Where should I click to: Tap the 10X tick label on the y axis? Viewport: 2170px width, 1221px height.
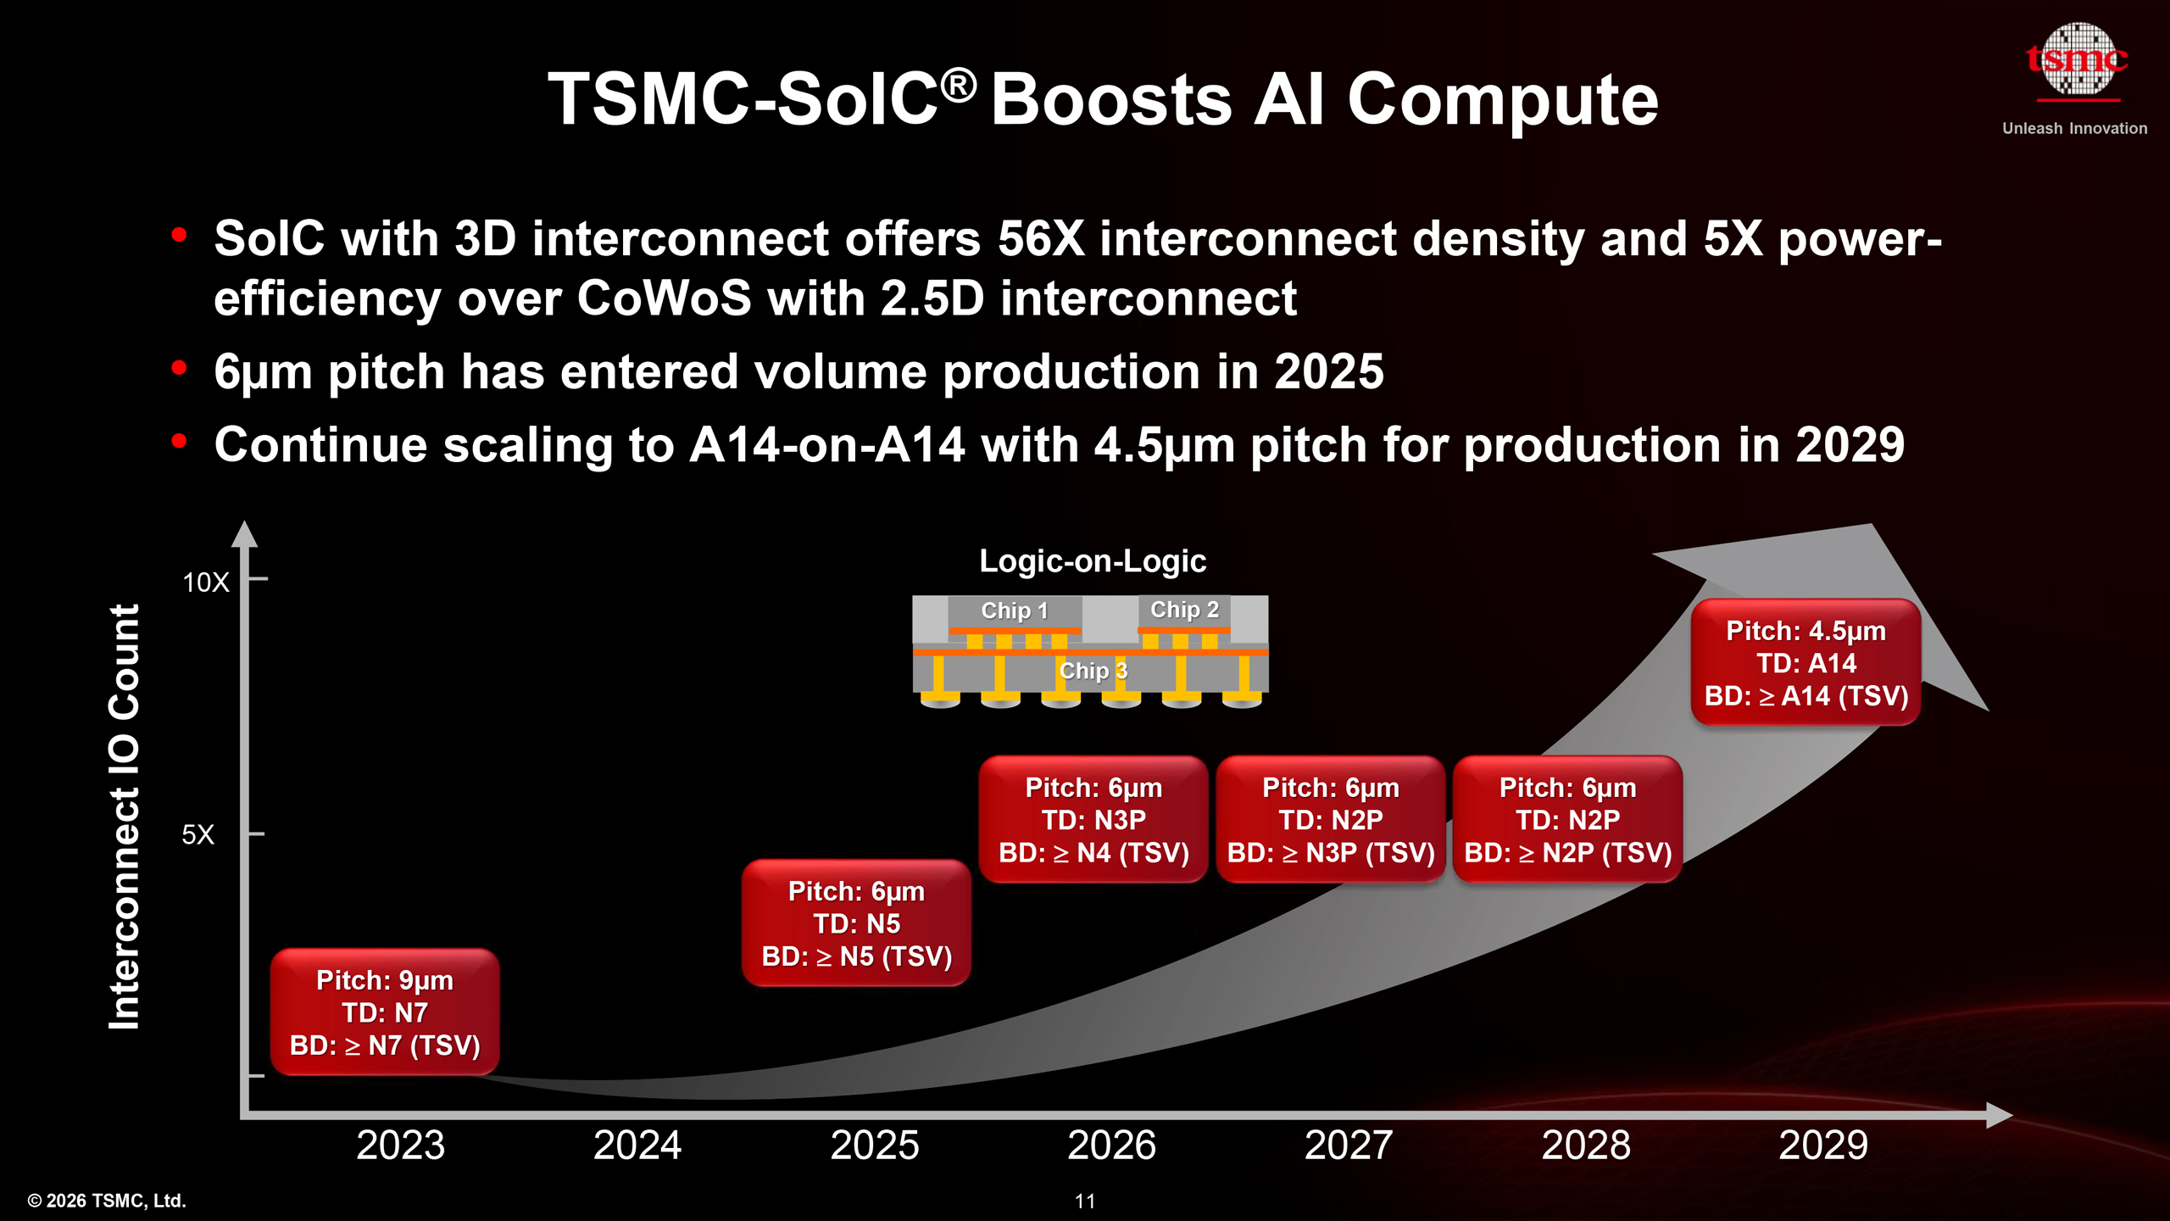click(x=206, y=583)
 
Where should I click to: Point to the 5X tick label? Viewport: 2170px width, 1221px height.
click(x=198, y=835)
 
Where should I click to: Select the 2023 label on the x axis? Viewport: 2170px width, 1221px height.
click(x=400, y=1145)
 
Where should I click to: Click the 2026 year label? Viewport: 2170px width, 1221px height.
click(x=1111, y=1145)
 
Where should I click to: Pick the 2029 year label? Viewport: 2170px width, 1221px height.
click(x=1822, y=1145)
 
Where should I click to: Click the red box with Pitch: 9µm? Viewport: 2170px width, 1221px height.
click(x=385, y=1012)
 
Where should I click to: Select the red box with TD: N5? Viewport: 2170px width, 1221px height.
click(x=856, y=923)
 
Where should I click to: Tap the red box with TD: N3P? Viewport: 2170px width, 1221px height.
click(x=1093, y=820)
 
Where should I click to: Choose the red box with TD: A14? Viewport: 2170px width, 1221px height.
click(x=1806, y=663)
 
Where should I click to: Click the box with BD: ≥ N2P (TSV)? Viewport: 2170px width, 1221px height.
click(x=1567, y=820)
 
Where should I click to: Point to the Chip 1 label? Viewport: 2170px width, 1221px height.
click(x=1015, y=610)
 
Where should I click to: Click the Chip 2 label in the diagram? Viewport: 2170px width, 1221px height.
click(x=1184, y=610)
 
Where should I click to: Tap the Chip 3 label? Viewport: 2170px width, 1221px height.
click(x=1093, y=671)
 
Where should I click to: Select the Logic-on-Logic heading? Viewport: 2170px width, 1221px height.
click(x=1093, y=561)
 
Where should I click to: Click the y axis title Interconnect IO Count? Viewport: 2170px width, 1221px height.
click(x=125, y=817)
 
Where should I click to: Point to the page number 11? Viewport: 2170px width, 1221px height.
click(x=1085, y=1201)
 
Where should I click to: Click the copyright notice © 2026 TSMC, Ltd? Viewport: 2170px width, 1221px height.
click(x=107, y=1201)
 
